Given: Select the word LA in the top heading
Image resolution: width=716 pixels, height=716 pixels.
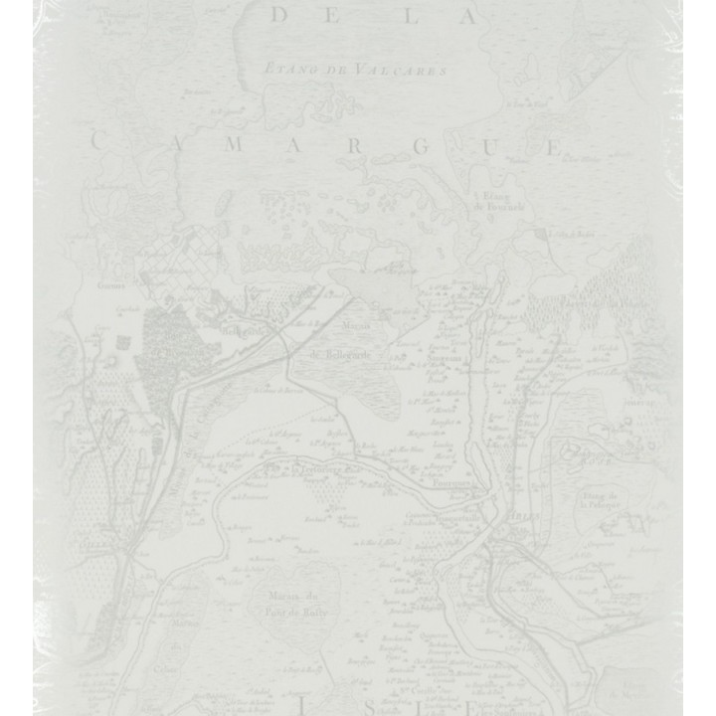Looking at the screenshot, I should pos(444,15).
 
